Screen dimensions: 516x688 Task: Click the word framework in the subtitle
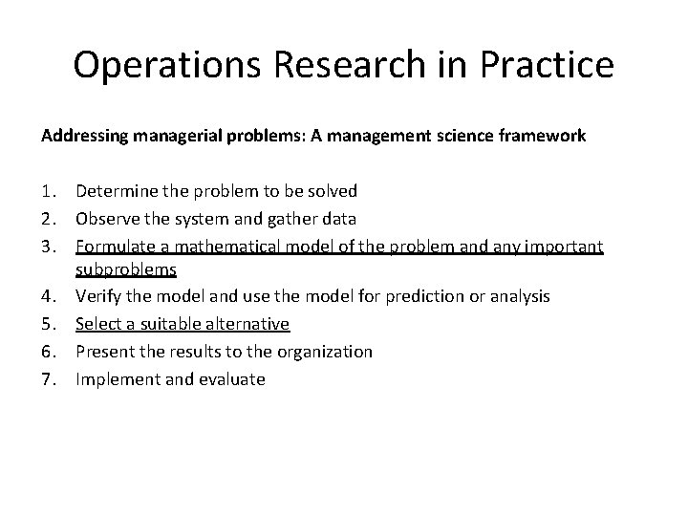click(x=542, y=137)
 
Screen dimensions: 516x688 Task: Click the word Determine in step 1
click(x=113, y=192)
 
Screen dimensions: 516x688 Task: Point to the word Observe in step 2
click(x=105, y=220)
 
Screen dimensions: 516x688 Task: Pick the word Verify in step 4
click(x=98, y=297)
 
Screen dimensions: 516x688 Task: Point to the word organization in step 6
click(x=327, y=352)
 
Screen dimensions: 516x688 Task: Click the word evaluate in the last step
click(x=233, y=379)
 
